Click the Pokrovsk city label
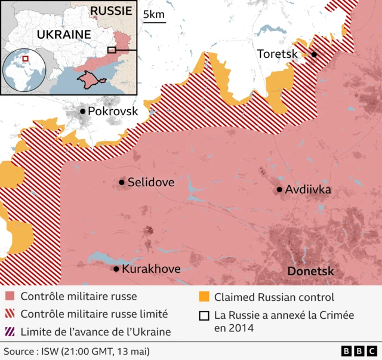(x=113, y=112)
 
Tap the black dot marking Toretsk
(x=314, y=54)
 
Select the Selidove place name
(x=151, y=183)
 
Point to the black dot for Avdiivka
(x=279, y=190)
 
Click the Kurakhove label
(x=150, y=269)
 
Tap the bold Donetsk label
(x=310, y=272)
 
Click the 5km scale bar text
(x=154, y=14)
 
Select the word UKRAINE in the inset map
(x=64, y=35)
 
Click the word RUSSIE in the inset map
(x=110, y=11)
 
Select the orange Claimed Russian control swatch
(x=204, y=297)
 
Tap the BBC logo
(x=359, y=351)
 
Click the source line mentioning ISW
(x=76, y=351)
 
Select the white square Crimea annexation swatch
(x=204, y=316)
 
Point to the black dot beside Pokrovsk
(x=82, y=112)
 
